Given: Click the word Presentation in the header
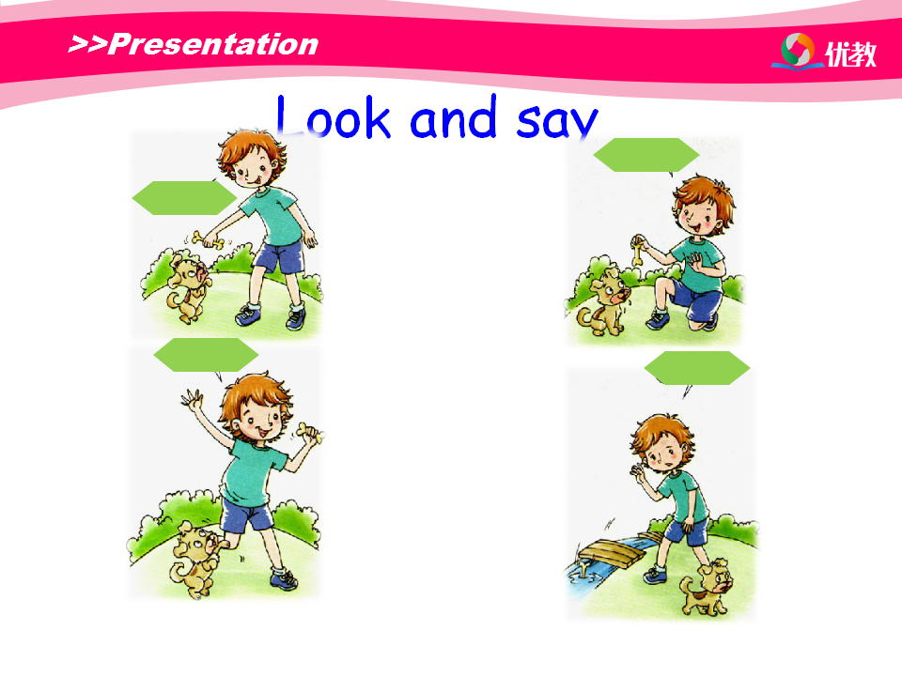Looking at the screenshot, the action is tap(213, 44).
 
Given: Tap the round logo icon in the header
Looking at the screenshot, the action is tap(798, 50).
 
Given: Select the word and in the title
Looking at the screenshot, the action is tap(453, 116).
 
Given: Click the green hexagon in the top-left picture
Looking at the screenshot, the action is tap(184, 198).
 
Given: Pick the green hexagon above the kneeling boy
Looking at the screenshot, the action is tap(646, 155).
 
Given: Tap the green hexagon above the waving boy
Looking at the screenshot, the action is tap(206, 355).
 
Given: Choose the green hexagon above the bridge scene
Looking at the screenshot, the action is tap(696, 368).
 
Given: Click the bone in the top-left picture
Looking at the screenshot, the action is tap(209, 239).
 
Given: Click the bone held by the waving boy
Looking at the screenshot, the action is tap(310, 432).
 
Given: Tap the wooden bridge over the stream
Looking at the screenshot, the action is tap(610, 553).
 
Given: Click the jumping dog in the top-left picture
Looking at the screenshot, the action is tap(188, 288).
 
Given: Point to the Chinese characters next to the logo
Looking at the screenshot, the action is tap(851, 54).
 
